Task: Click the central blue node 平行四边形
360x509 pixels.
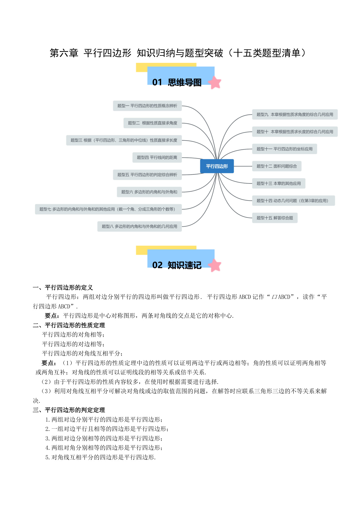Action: tap(217, 166)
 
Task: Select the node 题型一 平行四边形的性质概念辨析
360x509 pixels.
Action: tap(147, 106)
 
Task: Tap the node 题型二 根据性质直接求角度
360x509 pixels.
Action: tap(153, 123)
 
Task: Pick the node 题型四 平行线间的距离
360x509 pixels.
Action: tap(157, 158)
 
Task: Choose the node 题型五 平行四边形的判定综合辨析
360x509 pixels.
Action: tap(147, 175)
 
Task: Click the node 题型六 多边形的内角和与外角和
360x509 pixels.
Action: tap(149, 192)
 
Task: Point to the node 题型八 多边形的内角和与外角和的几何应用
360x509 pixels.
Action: tap(140, 226)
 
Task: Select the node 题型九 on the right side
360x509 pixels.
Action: tap(295, 115)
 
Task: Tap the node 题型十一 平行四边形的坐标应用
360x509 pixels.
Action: tap(285, 149)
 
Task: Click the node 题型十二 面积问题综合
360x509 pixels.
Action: tap(277, 166)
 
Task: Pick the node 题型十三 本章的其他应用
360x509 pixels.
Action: tap(279, 183)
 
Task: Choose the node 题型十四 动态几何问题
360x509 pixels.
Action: tap(294, 201)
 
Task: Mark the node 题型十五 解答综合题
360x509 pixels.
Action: tap(275, 218)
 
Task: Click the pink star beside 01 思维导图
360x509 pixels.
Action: tap(215, 82)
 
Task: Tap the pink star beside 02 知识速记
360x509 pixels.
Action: tap(215, 265)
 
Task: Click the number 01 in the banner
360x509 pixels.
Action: tap(157, 82)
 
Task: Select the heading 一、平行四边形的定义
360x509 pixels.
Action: tap(63, 288)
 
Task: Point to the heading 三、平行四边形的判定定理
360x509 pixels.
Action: tap(69, 410)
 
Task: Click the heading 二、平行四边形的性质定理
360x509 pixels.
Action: tap(69, 325)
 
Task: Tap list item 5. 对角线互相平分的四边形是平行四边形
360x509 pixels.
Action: tap(101, 457)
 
